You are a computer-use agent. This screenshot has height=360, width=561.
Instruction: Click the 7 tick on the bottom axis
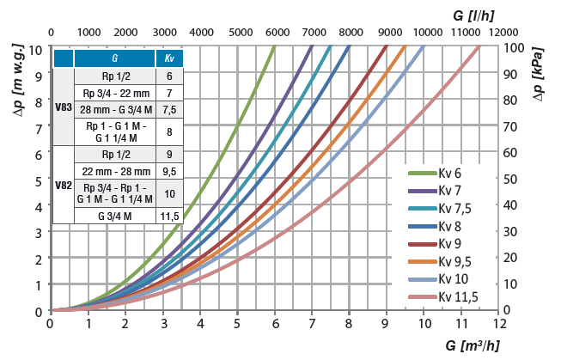[x=313, y=325]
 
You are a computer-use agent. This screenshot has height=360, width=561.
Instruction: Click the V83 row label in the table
[x=64, y=107]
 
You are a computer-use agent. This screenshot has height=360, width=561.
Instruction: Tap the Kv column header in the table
[x=169, y=59]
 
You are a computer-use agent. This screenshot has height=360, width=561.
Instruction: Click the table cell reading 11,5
[x=169, y=216]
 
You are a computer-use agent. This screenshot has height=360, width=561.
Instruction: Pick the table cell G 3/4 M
[x=114, y=216]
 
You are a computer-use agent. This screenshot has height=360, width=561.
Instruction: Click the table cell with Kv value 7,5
[x=169, y=109]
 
